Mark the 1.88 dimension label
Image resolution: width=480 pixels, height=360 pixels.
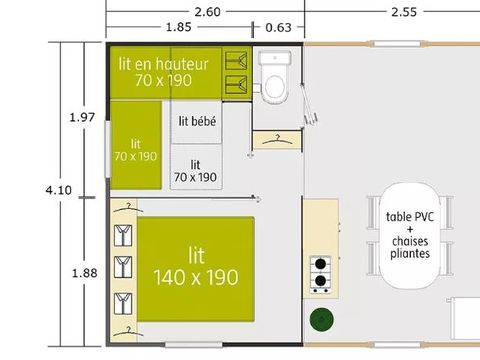tap(83, 272)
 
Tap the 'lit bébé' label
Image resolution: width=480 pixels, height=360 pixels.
tap(197, 121)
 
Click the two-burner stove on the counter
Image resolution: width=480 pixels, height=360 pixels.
tap(320, 272)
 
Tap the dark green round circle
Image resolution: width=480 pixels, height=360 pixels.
tap(321, 321)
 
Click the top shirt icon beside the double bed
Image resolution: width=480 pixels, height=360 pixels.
tap(121, 236)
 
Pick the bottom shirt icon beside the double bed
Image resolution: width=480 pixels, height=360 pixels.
tap(121, 299)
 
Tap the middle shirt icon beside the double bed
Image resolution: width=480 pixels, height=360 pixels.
tap(121, 267)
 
